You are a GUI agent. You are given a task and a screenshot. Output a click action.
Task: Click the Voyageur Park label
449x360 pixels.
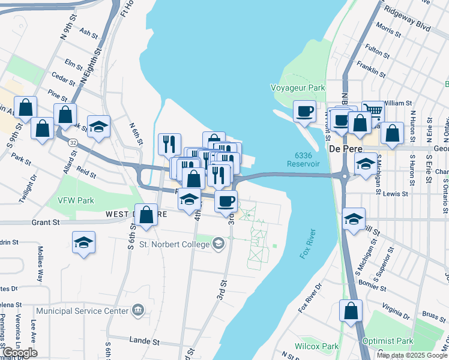point(298,88)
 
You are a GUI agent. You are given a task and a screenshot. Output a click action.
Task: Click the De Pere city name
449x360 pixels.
point(342,148)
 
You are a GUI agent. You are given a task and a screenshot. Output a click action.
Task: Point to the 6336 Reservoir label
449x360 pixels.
point(303,160)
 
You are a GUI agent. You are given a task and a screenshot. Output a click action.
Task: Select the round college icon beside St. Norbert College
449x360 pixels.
point(218,244)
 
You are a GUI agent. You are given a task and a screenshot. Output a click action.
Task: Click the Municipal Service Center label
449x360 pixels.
point(82,311)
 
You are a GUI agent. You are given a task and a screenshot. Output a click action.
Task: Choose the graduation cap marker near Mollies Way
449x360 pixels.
point(83,243)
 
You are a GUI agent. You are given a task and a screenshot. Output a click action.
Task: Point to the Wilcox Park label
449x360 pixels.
point(316,346)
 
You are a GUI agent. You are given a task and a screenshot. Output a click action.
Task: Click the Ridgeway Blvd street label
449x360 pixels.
point(411,23)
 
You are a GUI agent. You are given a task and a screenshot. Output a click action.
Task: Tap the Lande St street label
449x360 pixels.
point(145,341)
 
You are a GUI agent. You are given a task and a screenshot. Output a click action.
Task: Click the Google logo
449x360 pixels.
point(20,353)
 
